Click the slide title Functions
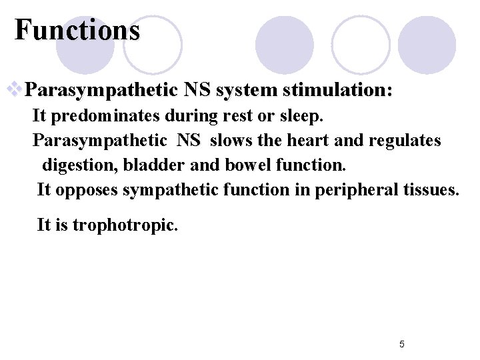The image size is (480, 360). (77, 30)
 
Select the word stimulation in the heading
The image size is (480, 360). (337, 89)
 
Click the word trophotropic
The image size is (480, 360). (125, 225)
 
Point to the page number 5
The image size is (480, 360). (401, 344)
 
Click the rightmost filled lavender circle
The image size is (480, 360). (427, 45)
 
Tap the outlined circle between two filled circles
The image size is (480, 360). (360, 45)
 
